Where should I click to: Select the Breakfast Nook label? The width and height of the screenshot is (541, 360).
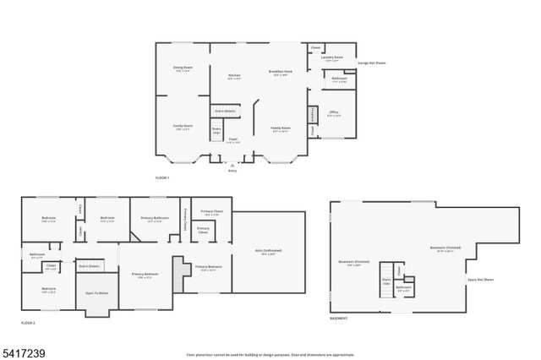click(281, 73)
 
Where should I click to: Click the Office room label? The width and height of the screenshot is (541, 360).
click(334, 112)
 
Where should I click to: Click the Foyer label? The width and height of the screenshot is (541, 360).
click(232, 140)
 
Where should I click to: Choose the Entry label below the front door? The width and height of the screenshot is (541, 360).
click(232, 171)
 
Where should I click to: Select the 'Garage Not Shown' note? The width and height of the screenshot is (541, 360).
click(372, 63)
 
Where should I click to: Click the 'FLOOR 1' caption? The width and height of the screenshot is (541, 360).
click(162, 177)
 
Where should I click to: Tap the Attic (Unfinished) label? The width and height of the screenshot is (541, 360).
click(269, 251)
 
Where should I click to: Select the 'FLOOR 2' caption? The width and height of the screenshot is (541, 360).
click(29, 323)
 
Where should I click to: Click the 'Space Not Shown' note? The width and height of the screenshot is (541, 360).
click(481, 279)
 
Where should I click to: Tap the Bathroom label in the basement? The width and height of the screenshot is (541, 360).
click(404, 287)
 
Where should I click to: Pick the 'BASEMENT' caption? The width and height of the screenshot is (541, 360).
click(338, 318)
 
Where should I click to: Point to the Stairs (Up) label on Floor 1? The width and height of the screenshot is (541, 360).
click(216, 130)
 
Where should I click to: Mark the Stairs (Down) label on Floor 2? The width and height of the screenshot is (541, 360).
click(90, 265)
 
